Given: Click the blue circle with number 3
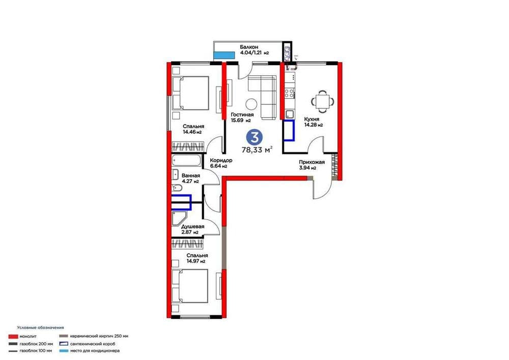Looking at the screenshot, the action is [254, 137].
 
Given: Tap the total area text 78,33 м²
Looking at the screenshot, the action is [257, 150].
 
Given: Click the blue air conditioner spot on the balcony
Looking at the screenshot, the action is [224, 55].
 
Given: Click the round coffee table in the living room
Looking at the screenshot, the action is [251, 104].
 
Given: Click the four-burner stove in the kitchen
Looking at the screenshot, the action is [289, 94].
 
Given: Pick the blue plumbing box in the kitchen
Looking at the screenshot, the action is [289, 130].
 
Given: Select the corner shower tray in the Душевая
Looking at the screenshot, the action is [179, 218].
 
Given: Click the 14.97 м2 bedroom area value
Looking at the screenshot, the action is [196, 261].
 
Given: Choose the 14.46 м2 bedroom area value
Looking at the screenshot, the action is [192, 132].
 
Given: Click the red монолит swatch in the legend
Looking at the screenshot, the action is [13, 336].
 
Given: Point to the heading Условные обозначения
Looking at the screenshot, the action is [41, 327].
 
